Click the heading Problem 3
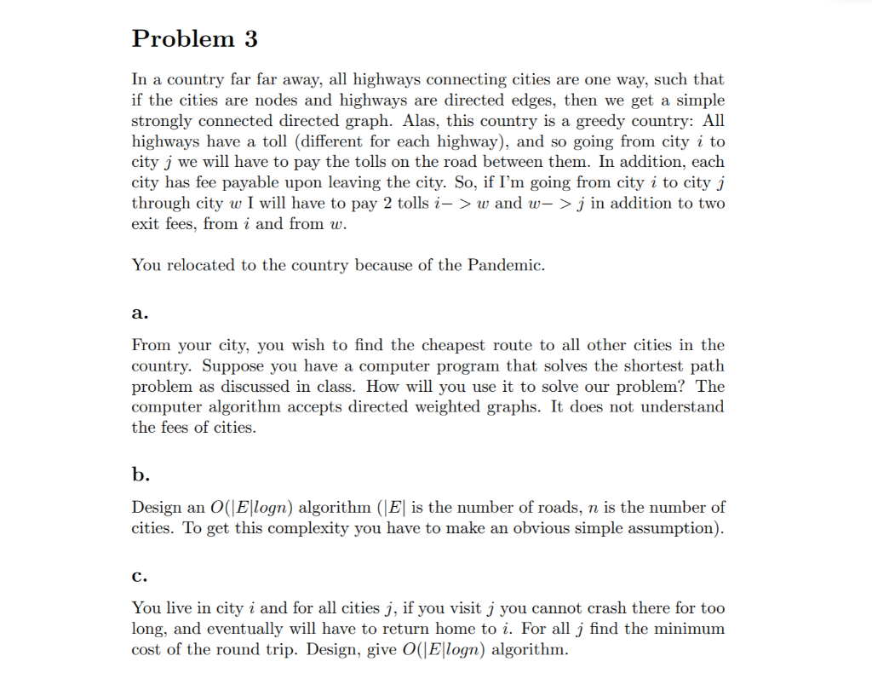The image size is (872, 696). coord(195,39)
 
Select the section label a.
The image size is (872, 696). coord(140,313)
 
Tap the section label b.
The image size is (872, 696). coord(140,475)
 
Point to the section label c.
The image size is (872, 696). coord(140,575)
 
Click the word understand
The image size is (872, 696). coord(682,407)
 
